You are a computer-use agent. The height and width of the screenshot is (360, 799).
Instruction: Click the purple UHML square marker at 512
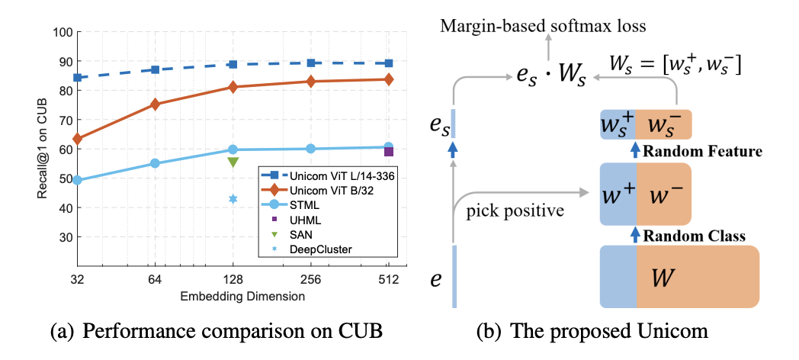tap(389, 152)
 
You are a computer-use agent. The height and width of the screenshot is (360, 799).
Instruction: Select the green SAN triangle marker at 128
tap(233, 162)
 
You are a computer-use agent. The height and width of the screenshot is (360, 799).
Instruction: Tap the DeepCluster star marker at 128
tap(233, 199)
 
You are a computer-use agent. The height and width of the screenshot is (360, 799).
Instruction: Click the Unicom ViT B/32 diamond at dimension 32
tap(77, 139)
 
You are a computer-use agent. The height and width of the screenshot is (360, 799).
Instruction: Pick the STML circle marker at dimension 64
tap(155, 163)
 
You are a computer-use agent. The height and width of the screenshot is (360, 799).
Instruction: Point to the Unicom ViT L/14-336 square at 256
tap(311, 63)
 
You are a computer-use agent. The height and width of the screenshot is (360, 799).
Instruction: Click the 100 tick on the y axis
tap(63, 33)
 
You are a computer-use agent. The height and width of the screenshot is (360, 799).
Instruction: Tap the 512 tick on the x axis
tap(389, 278)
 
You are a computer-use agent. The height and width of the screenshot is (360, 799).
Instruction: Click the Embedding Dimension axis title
tap(233, 295)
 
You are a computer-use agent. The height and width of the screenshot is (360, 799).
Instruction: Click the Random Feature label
tap(703, 152)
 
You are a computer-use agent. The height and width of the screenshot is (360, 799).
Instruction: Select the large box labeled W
tap(680, 276)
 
